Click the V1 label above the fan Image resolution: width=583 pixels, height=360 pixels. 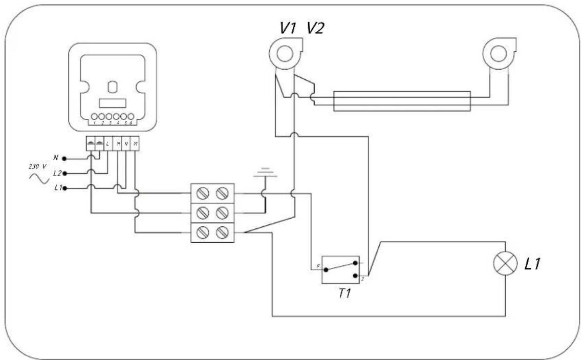click(288, 29)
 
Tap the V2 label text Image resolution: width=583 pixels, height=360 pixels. click(315, 29)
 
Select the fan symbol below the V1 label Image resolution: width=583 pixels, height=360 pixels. click(283, 53)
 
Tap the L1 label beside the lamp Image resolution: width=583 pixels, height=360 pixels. click(532, 265)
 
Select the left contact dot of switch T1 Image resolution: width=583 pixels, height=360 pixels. click(326, 268)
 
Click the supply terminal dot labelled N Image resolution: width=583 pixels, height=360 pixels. click(65, 158)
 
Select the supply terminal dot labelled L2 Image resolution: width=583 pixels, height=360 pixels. click(65, 174)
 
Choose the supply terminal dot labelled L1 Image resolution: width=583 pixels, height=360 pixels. click(65, 188)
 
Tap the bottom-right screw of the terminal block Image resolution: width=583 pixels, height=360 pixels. click(222, 233)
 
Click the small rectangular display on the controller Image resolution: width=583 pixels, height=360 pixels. click(112, 102)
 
